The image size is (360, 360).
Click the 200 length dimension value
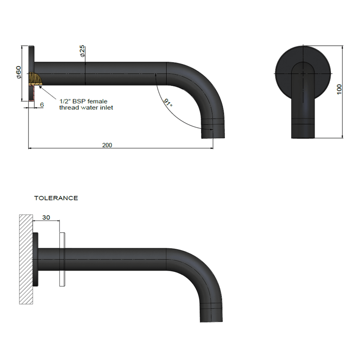(107, 145)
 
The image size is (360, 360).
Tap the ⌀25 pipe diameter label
(82, 51)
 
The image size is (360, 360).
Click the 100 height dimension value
(339, 89)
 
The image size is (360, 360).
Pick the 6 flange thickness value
(42, 105)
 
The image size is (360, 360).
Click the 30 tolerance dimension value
(46, 217)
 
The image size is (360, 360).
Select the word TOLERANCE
(56, 198)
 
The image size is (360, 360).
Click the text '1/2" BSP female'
(83, 101)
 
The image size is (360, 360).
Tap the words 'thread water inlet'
(86, 107)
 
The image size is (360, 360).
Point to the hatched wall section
(26, 259)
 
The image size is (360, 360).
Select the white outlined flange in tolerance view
(62, 259)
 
